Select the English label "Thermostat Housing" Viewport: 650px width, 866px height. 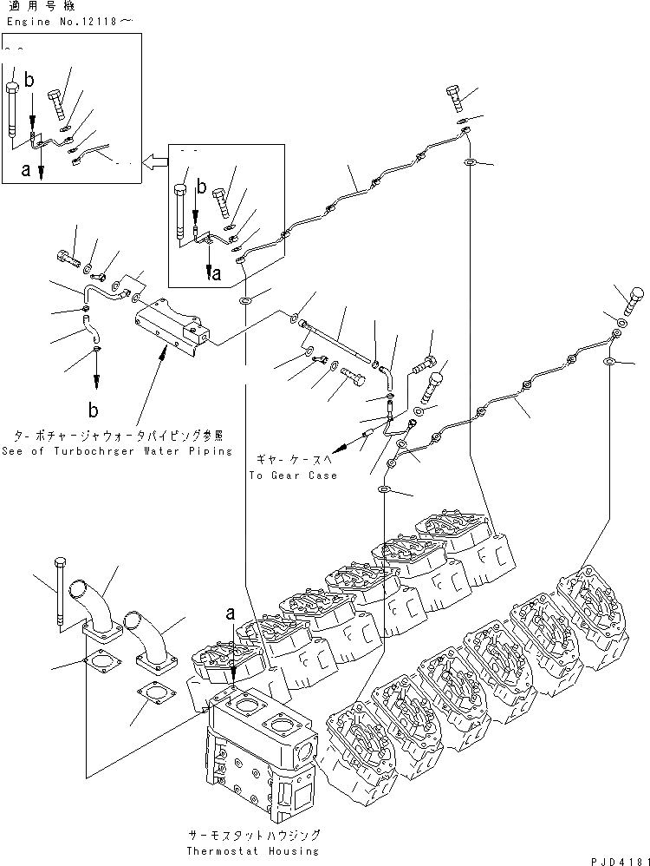254,851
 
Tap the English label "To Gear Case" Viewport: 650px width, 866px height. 292,476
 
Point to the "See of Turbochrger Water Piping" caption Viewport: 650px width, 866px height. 117,451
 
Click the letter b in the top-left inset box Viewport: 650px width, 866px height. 29,81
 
